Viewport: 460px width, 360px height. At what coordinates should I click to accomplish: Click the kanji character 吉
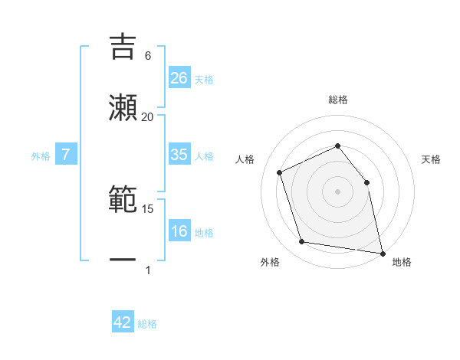coord(122,45)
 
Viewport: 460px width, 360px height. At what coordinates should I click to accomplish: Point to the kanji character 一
coord(122,260)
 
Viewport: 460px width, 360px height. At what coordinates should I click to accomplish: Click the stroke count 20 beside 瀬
coord(147,117)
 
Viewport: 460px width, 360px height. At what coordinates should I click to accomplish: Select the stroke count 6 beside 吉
coord(147,56)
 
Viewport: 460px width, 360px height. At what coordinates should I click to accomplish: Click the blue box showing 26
coord(179,78)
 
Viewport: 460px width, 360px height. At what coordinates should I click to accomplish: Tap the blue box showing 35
coord(179,155)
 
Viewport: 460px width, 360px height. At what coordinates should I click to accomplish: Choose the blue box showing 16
coord(179,232)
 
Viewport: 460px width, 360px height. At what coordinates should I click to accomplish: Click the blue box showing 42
coord(123,323)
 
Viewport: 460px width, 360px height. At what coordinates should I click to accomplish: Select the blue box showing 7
coord(66,155)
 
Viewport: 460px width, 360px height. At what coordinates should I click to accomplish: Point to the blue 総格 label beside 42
coord(147,324)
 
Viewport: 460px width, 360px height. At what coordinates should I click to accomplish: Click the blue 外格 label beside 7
coord(41,156)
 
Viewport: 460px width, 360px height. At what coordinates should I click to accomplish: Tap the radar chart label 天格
coord(431,160)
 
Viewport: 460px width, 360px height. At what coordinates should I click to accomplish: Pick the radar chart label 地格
coord(402,263)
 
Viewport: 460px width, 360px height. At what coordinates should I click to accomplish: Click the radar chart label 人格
coord(245,160)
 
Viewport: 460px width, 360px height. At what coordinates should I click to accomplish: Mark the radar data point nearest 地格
coord(381,252)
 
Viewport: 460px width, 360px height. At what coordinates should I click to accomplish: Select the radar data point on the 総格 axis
coord(337,146)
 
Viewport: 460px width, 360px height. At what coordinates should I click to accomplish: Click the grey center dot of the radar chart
coord(337,191)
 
